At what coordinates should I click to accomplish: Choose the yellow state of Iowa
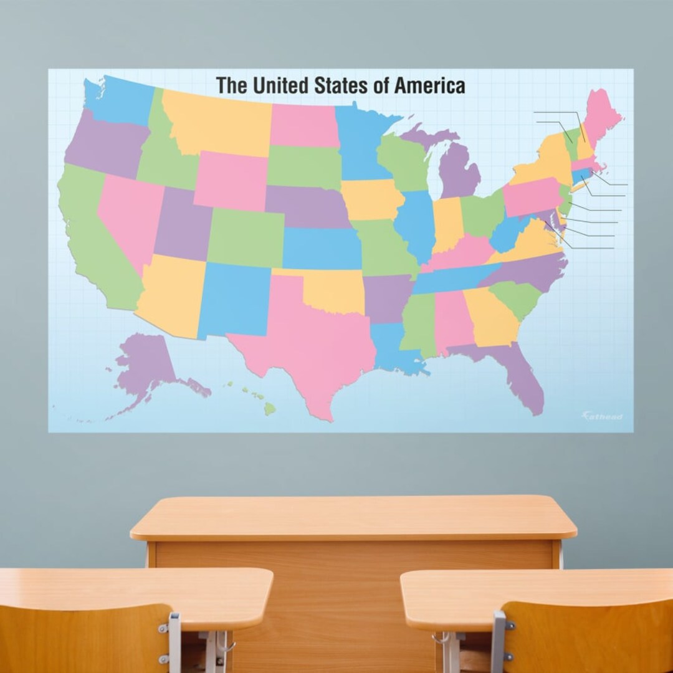point(371,199)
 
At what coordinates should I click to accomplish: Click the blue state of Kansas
point(320,247)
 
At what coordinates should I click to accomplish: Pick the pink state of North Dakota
point(304,125)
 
